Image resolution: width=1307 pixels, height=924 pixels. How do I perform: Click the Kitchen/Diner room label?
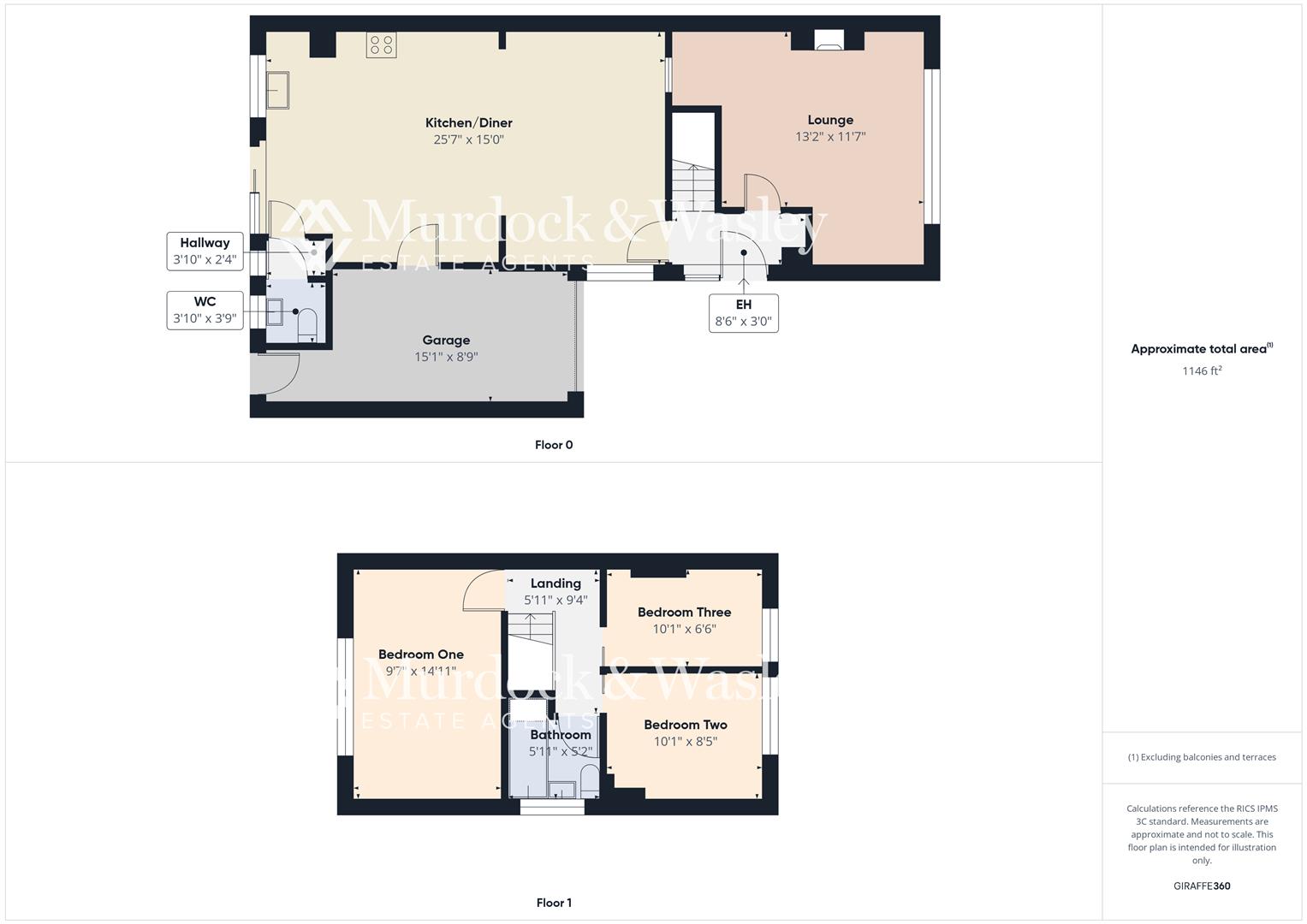(469, 123)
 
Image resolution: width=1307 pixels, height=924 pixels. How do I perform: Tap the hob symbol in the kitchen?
(382, 45)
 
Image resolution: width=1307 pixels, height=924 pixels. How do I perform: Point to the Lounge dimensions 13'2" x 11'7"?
(830, 136)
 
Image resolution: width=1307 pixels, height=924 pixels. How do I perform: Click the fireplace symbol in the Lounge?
(828, 40)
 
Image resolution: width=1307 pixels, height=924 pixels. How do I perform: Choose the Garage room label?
(446, 341)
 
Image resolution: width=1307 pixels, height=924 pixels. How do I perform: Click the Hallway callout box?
(205, 251)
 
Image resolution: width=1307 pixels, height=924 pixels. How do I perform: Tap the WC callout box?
(205, 310)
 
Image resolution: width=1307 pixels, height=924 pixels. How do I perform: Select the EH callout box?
(743, 313)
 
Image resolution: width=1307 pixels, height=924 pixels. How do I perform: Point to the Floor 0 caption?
(554, 445)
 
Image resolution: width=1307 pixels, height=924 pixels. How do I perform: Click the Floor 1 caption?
(554, 903)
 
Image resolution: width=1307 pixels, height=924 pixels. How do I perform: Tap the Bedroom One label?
(421, 654)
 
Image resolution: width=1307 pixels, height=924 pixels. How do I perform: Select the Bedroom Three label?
(684, 613)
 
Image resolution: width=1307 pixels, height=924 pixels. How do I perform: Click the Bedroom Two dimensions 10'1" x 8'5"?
(685, 742)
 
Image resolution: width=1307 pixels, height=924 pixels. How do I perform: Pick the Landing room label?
(555, 583)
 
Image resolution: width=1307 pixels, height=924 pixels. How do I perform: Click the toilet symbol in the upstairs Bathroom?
(589, 780)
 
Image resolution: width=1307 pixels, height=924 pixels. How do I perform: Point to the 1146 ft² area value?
(1202, 370)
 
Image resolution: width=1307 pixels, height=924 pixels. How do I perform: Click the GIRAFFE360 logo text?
(1202, 886)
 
